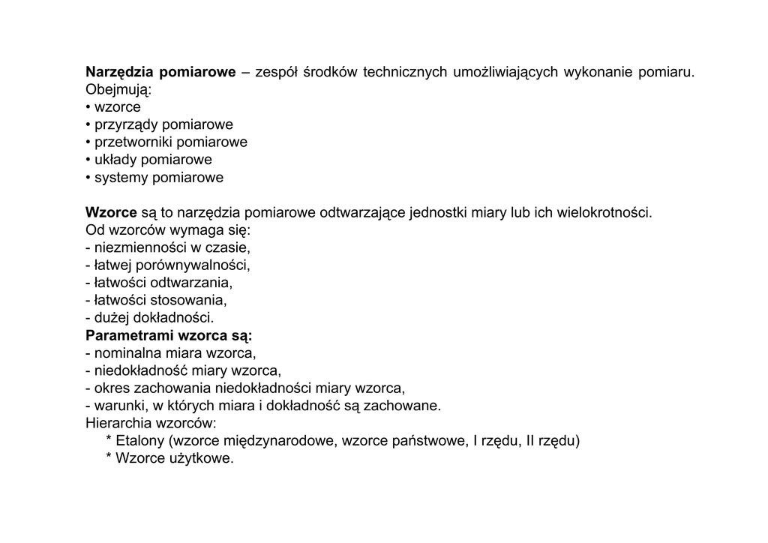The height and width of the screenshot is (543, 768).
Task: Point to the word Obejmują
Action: (x=118, y=90)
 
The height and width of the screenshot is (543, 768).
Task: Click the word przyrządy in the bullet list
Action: (x=125, y=124)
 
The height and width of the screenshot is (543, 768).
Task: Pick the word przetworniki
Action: (x=133, y=142)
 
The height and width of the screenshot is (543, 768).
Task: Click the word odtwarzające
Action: (x=363, y=212)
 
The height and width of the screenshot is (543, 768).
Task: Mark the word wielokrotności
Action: (x=604, y=212)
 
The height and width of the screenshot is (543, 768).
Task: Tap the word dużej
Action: (x=110, y=318)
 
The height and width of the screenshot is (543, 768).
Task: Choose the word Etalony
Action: (x=142, y=441)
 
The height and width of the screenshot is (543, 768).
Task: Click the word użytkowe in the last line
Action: (x=204, y=459)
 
